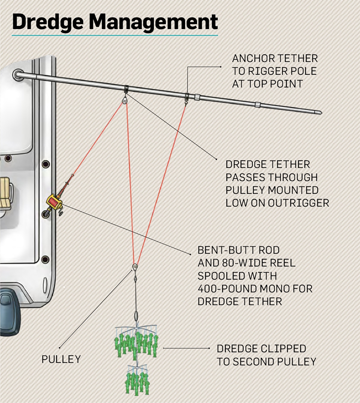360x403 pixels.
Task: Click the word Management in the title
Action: coord(153,22)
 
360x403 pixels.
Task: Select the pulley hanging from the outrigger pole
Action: coord(125,100)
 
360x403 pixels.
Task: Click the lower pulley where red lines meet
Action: coord(135,267)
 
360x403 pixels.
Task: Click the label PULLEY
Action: coord(61,359)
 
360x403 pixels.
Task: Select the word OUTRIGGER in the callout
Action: coord(298,203)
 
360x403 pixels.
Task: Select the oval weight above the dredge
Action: coord(136,316)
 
